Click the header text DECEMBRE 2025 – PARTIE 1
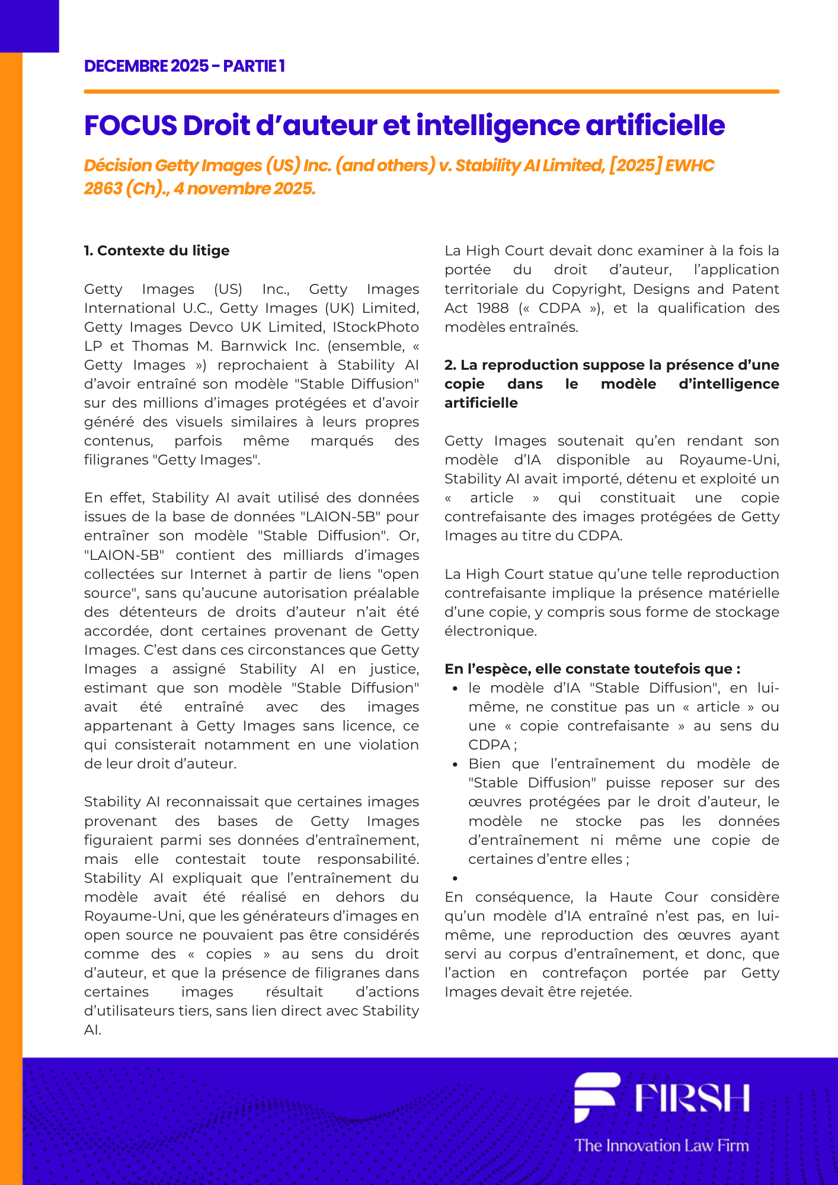184,66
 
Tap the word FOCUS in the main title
130,126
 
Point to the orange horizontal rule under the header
431,92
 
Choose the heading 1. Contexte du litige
156,251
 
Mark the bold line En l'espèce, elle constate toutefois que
592,669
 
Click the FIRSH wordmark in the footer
692,1098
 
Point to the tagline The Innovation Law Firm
661,1145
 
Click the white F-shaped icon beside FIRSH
596,1096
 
